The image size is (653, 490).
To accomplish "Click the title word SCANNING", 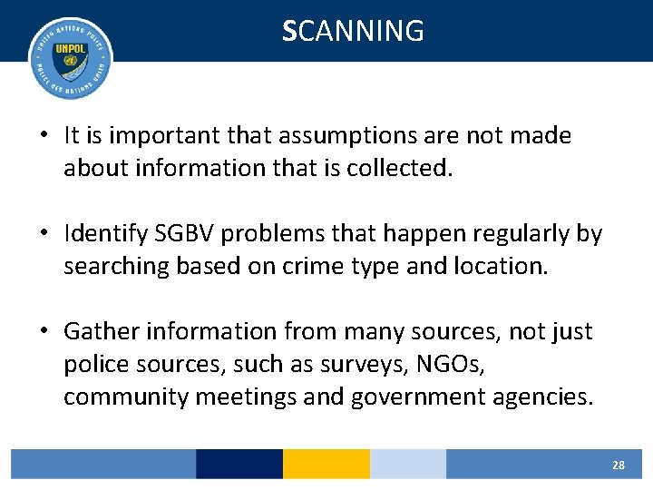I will [x=353, y=31].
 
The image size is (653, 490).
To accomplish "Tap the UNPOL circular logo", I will [x=70, y=57].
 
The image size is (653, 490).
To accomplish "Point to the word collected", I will [x=399, y=168].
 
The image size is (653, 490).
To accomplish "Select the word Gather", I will [x=102, y=332].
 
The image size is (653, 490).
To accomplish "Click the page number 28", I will [x=618, y=465].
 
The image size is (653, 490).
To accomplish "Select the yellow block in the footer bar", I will [x=326, y=464].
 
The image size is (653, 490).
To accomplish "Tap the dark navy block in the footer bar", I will [x=239, y=464].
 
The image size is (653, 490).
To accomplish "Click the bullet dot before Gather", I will [x=44, y=332].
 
